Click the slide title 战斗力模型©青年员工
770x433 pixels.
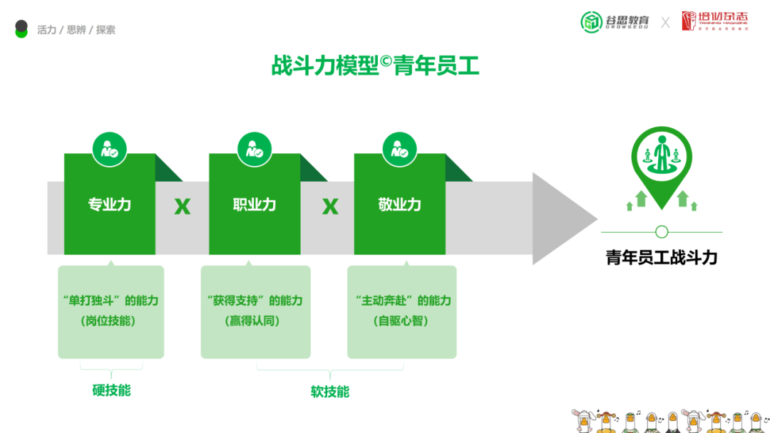point(375,66)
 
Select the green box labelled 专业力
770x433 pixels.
point(109,204)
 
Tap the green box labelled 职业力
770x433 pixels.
point(254,204)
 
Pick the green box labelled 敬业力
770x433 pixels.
point(399,204)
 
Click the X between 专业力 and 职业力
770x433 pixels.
point(183,207)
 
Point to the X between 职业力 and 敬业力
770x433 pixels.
point(330,207)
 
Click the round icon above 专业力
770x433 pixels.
point(109,150)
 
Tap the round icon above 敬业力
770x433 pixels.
point(399,150)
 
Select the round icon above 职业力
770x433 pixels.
point(254,150)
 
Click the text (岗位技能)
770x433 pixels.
point(111,321)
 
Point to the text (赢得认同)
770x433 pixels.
point(255,321)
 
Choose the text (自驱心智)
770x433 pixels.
point(401,321)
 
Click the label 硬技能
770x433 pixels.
point(111,390)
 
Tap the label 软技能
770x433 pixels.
point(330,392)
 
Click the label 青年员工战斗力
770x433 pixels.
point(661,258)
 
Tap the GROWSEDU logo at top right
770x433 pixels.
point(615,21)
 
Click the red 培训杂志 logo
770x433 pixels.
point(714,21)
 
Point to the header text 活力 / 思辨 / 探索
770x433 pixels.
point(76,30)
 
